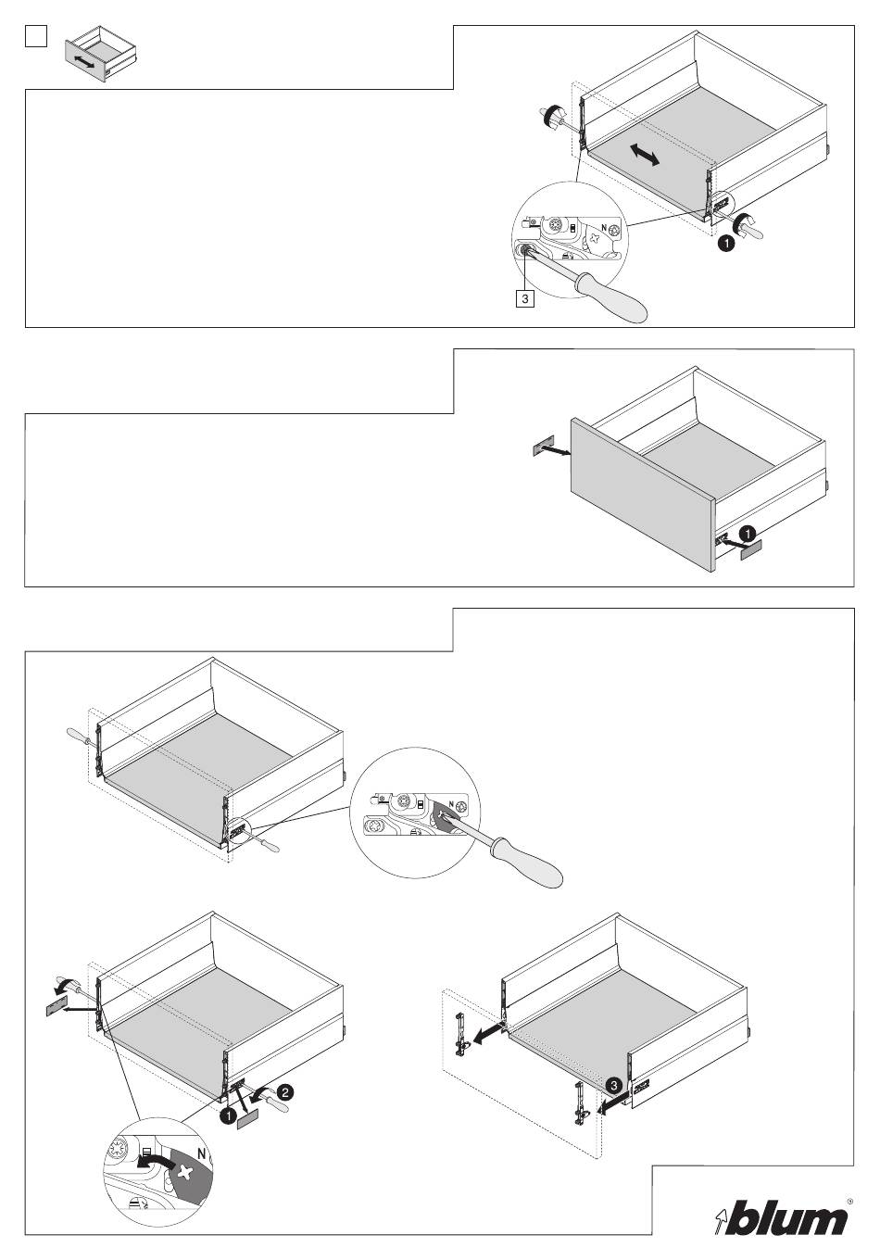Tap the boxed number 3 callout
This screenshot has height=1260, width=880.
[x=524, y=299]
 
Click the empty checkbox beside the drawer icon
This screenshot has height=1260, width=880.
[x=35, y=37]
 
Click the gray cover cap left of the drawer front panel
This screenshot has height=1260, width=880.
[x=541, y=448]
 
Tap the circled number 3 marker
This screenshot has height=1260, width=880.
[x=612, y=1084]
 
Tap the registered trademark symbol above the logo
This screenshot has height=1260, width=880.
[x=849, y=1201]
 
